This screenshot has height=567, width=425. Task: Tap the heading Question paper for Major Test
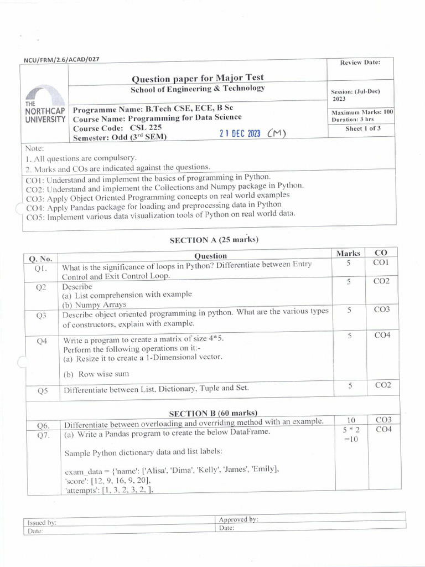(x=198, y=78)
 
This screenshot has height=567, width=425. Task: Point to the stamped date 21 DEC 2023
(x=240, y=133)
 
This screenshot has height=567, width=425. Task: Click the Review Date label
(x=360, y=63)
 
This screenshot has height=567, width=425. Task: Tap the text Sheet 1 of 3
(x=362, y=128)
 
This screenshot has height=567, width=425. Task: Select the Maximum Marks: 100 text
(x=362, y=112)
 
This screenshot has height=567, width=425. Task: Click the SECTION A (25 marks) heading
(x=214, y=240)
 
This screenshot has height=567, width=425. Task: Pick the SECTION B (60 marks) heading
(x=213, y=413)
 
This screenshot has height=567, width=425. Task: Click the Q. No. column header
(x=40, y=259)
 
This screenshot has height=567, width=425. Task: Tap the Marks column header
(x=348, y=253)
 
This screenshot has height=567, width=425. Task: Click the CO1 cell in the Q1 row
(x=381, y=262)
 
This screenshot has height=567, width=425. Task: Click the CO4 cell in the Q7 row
(x=383, y=430)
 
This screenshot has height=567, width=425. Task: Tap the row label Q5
(x=43, y=390)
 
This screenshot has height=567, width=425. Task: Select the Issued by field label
(x=42, y=522)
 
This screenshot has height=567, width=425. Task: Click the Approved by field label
(x=239, y=519)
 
